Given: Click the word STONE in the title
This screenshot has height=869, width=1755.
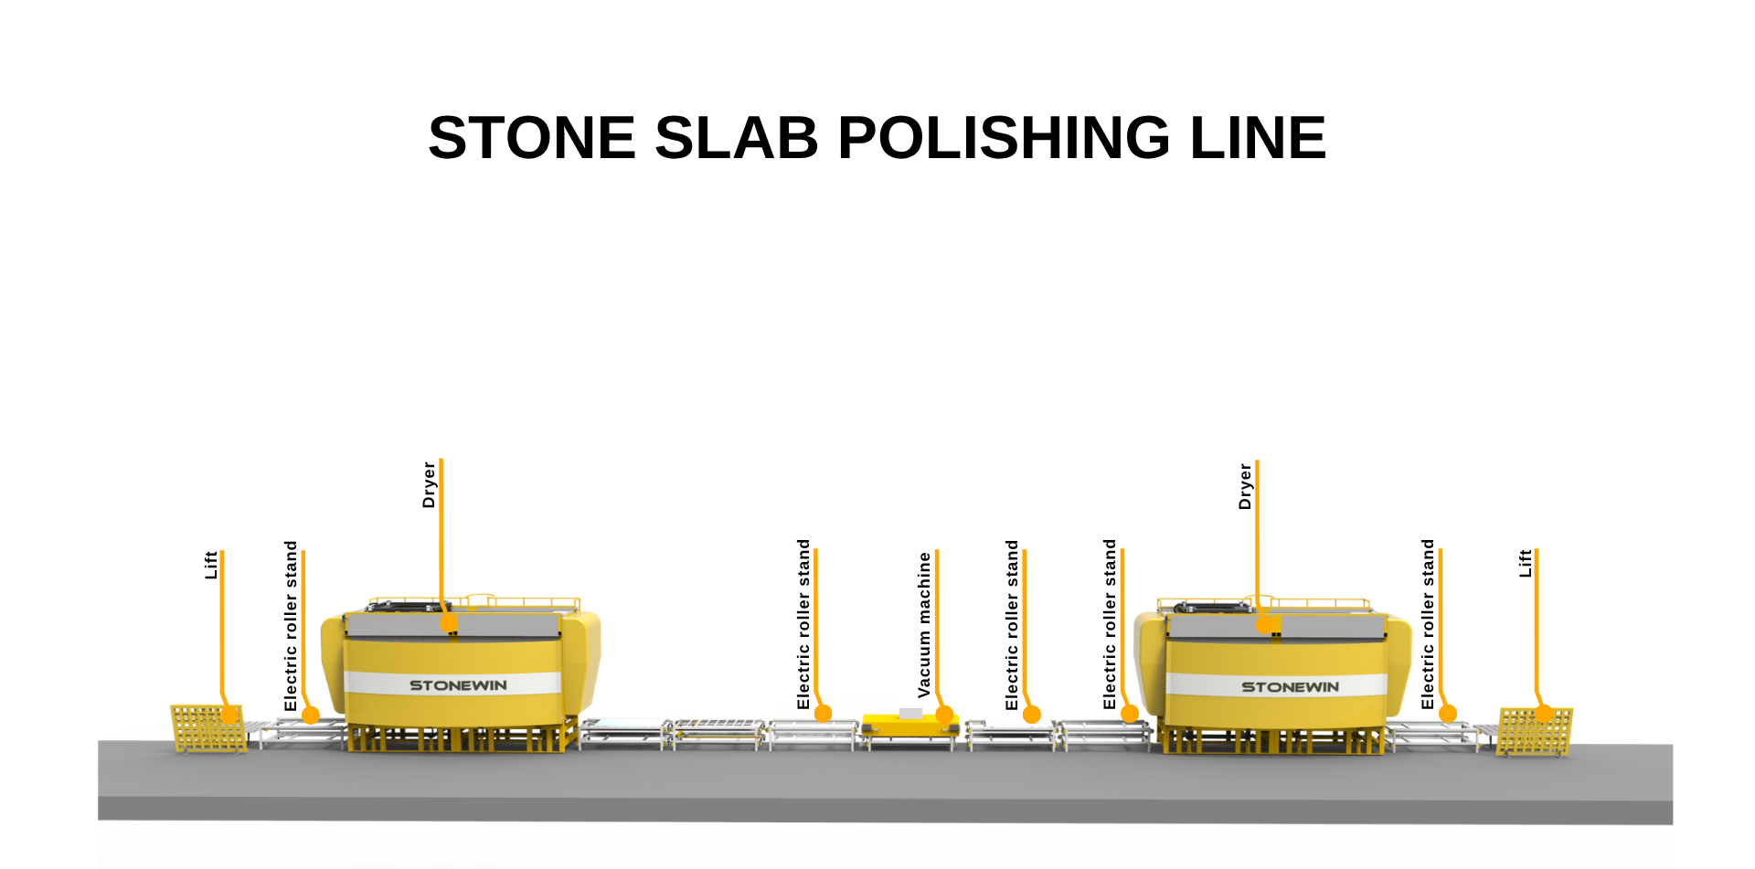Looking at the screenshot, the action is (531, 138).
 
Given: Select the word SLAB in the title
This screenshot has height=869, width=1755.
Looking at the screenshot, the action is (737, 138).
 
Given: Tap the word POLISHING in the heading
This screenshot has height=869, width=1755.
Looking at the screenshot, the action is (1004, 138).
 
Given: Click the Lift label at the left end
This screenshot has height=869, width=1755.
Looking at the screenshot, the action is (211, 565).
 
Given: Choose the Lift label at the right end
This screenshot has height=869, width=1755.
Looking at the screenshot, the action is (1525, 563).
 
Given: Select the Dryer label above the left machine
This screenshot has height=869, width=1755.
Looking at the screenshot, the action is (429, 484).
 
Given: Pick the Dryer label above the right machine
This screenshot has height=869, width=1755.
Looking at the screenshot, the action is (1245, 486).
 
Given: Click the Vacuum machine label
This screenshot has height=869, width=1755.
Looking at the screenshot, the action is (924, 625).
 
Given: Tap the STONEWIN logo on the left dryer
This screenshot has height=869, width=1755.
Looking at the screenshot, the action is (458, 685).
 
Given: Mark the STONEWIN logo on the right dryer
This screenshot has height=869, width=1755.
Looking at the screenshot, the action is (1290, 687).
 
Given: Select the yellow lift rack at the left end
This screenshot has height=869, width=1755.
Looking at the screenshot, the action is (208, 728).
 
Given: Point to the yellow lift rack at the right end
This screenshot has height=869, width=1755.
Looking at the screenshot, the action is (1535, 731).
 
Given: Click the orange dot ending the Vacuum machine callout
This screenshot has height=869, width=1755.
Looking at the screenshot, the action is (945, 715).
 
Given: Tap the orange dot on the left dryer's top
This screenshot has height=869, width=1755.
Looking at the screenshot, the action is (449, 622).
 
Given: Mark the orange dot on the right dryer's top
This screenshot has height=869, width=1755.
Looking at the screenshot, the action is (1264, 625).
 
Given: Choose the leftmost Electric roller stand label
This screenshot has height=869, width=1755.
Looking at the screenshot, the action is (291, 626).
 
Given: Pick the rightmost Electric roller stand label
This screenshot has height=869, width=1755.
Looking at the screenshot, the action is (1428, 624).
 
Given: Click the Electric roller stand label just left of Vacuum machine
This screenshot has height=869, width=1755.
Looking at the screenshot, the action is (803, 624).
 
